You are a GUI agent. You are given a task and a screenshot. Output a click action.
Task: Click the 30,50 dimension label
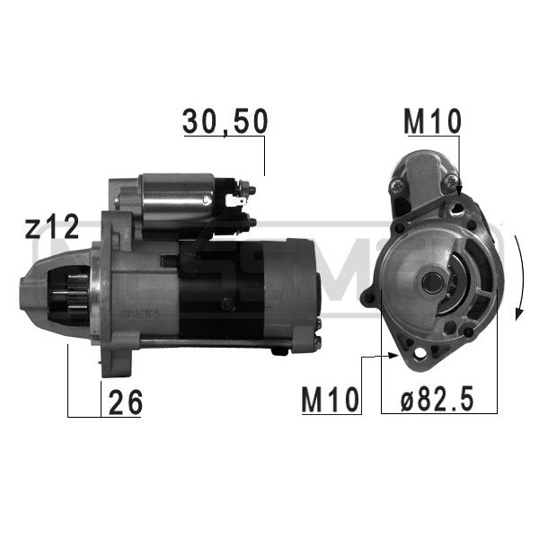point(225,121)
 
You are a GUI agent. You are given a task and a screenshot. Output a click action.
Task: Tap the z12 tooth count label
point(52,226)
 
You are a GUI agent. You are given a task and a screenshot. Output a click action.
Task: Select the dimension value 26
point(125,402)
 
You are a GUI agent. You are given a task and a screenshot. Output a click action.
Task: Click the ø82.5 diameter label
point(437,399)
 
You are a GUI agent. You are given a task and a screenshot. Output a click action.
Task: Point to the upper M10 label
point(432,121)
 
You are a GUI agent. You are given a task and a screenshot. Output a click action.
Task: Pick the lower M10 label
point(330,400)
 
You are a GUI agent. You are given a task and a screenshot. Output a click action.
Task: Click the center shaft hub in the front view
point(432,282)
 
